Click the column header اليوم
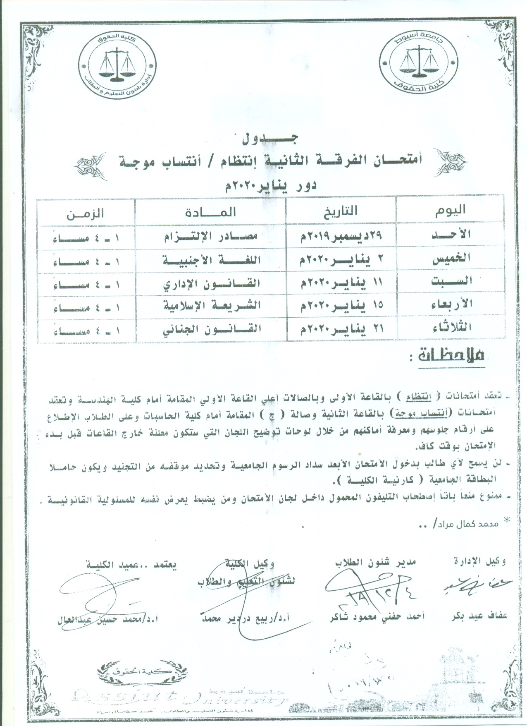pos(450,210)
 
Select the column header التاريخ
pos(341,211)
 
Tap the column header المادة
pos(211,212)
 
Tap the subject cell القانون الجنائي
pos(211,330)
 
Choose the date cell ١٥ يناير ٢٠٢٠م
pos(341,305)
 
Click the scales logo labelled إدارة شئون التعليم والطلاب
pos(116,60)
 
